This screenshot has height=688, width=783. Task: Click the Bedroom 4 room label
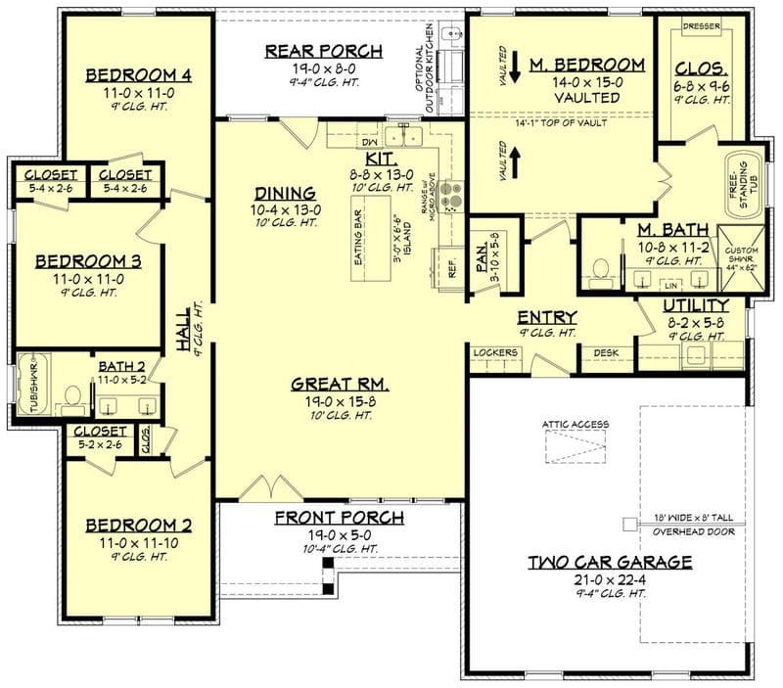pyautogui.click(x=137, y=75)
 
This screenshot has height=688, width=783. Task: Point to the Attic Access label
pyautogui.click(x=576, y=424)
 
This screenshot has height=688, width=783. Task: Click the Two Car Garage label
pyautogui.click(x=610, y=562)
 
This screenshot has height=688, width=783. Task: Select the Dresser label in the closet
pyautogui.click(x=702, y=26)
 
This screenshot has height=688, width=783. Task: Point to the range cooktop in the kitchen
pyautogui.click(x=451, y=195)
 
